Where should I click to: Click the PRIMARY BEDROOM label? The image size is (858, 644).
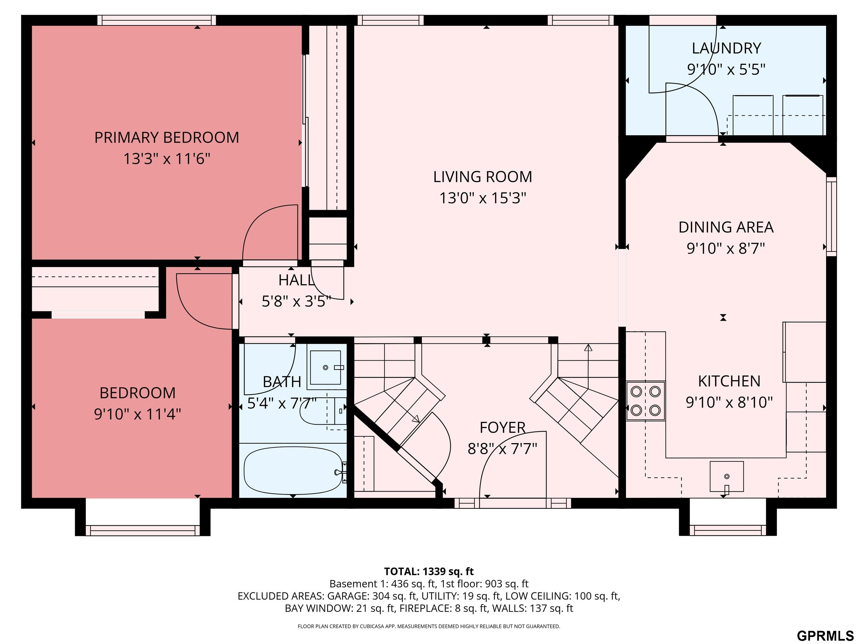(167, 138)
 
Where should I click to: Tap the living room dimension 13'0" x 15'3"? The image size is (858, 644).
(483, 198)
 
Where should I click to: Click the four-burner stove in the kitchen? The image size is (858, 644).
(645, 401)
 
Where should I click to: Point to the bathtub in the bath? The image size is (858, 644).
(293, 471)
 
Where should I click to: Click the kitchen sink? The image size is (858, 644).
(726, 477)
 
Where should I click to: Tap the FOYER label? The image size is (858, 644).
(502, 428)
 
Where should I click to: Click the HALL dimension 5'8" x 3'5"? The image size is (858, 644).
(296, 301)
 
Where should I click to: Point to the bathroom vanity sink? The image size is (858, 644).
(326, 367)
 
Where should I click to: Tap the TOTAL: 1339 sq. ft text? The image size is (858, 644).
(429, 571)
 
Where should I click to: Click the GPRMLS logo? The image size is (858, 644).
(825, 636)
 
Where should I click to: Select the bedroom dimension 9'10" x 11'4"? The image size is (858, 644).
(137, 414)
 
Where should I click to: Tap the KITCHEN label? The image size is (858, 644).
(729, 381)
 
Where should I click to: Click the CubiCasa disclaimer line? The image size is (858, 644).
(429, 626)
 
